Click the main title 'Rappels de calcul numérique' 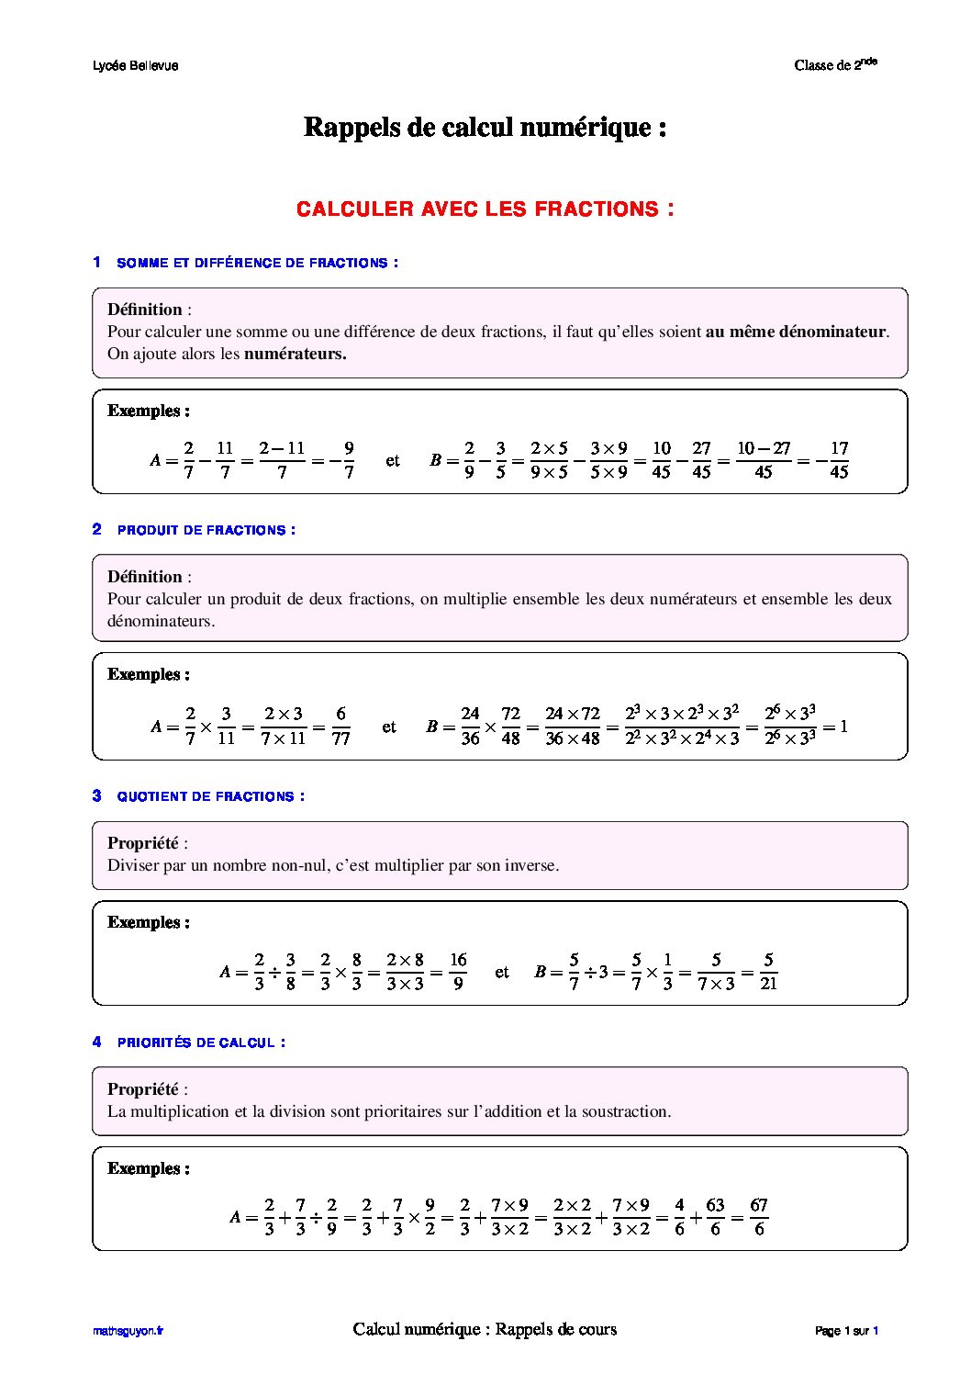coord(485,127)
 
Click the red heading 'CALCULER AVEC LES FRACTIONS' coord(485,209)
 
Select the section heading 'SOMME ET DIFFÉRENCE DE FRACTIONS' coord(257,263)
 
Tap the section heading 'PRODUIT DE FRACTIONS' coord(206,530)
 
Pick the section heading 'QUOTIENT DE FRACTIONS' coord(210,796)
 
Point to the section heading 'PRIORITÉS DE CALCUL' coord(200,1043)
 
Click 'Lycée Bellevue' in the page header coord(136,66)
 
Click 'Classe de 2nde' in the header coord(835,64)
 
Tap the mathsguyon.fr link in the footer coord(128,1331)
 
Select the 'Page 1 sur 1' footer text coord(846,1331)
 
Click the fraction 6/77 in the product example coord(340,726)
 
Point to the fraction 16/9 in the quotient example coord(458,971)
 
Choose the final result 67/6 coord(758,1216)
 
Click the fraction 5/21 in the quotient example coord(768,971)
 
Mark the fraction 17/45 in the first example coord(839,460)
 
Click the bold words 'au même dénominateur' coord(796,332)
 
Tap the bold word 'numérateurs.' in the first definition coord(295,354)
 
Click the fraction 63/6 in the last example coord(715,1216)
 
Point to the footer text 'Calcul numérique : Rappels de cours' coord(485,1329)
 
